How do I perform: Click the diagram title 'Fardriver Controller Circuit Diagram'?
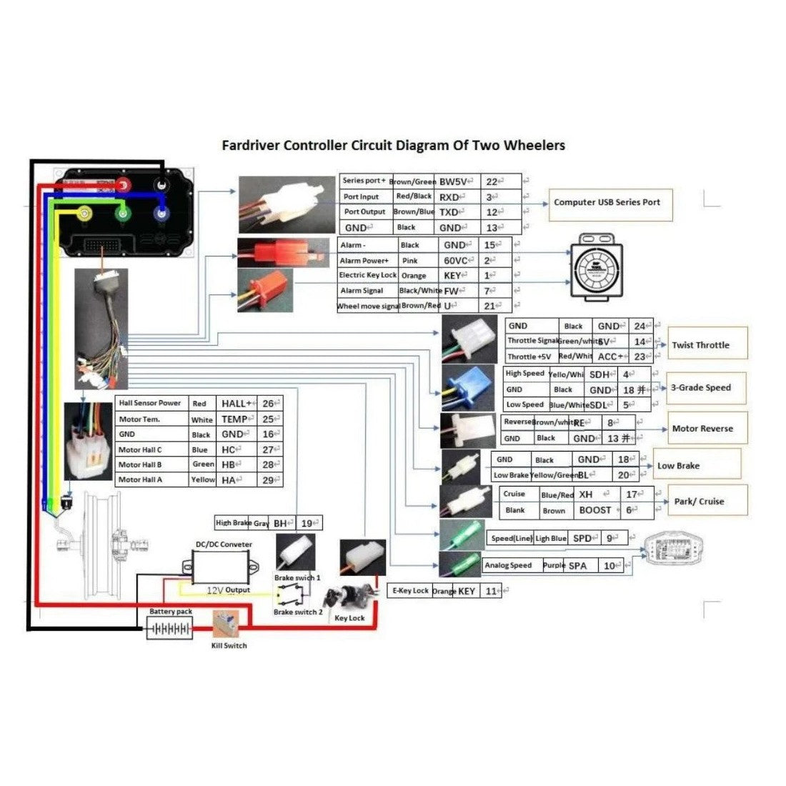(393, 146)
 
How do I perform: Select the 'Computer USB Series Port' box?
(607, 202)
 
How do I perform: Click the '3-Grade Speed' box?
(705, 387)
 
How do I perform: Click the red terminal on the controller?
(124, 186)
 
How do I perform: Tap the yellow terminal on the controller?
(86, 212)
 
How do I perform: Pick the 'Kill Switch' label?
(229, 645)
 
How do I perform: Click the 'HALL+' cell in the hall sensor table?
(236, 404)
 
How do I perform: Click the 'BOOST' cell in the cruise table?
(595, 510)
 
